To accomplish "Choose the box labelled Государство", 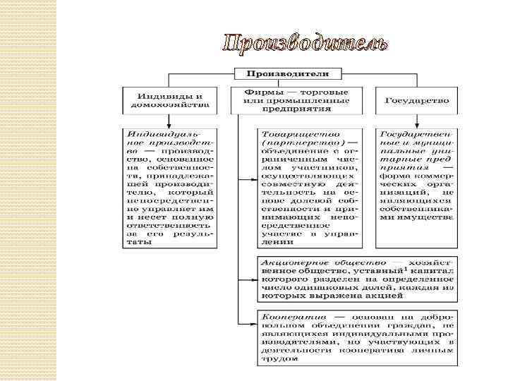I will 417,100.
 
